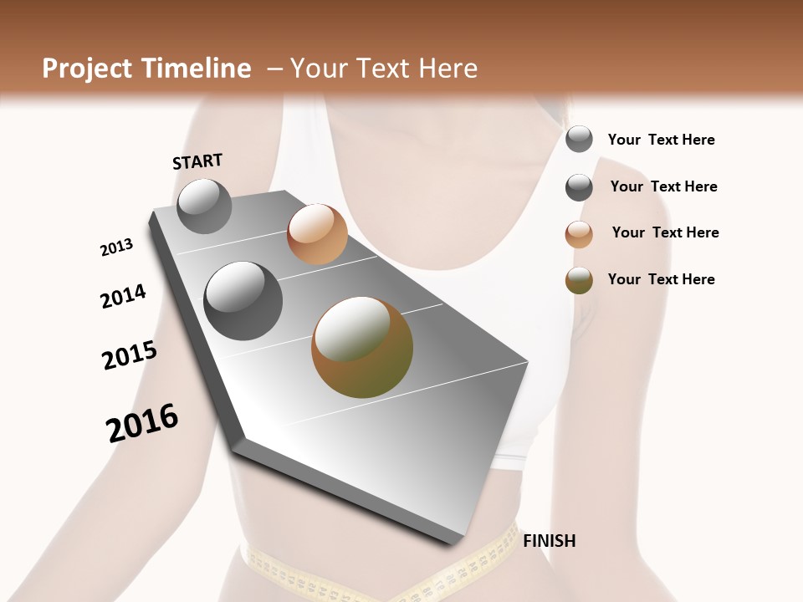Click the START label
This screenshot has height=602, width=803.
[x=197, y=161]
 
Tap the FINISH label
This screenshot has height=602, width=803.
[x=549, y=541]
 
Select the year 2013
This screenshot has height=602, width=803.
[x=116, y=247]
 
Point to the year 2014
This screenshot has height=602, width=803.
[x=123, y=296]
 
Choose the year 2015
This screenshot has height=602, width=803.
[x=130, y=355]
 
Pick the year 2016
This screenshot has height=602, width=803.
[x=142, y=423]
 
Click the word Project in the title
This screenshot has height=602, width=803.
[x=84, y=69]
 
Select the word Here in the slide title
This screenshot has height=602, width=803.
[x=447, y=69]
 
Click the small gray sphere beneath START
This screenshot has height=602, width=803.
[x=204, y=206]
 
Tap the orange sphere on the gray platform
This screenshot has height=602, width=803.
[x=317, y=233]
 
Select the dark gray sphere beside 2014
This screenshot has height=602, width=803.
[x=243, y=300]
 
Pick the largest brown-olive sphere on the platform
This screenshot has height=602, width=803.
[x=362, y=347]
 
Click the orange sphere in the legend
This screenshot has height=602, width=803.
[x=579, y=234]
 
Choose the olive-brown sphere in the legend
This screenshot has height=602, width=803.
[x=579, y=281]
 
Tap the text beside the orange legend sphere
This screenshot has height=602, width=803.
[x=665, y=232]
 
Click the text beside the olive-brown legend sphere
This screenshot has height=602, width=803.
[x=661, y=279]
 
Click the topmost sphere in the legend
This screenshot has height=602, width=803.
[x=579, y=139]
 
